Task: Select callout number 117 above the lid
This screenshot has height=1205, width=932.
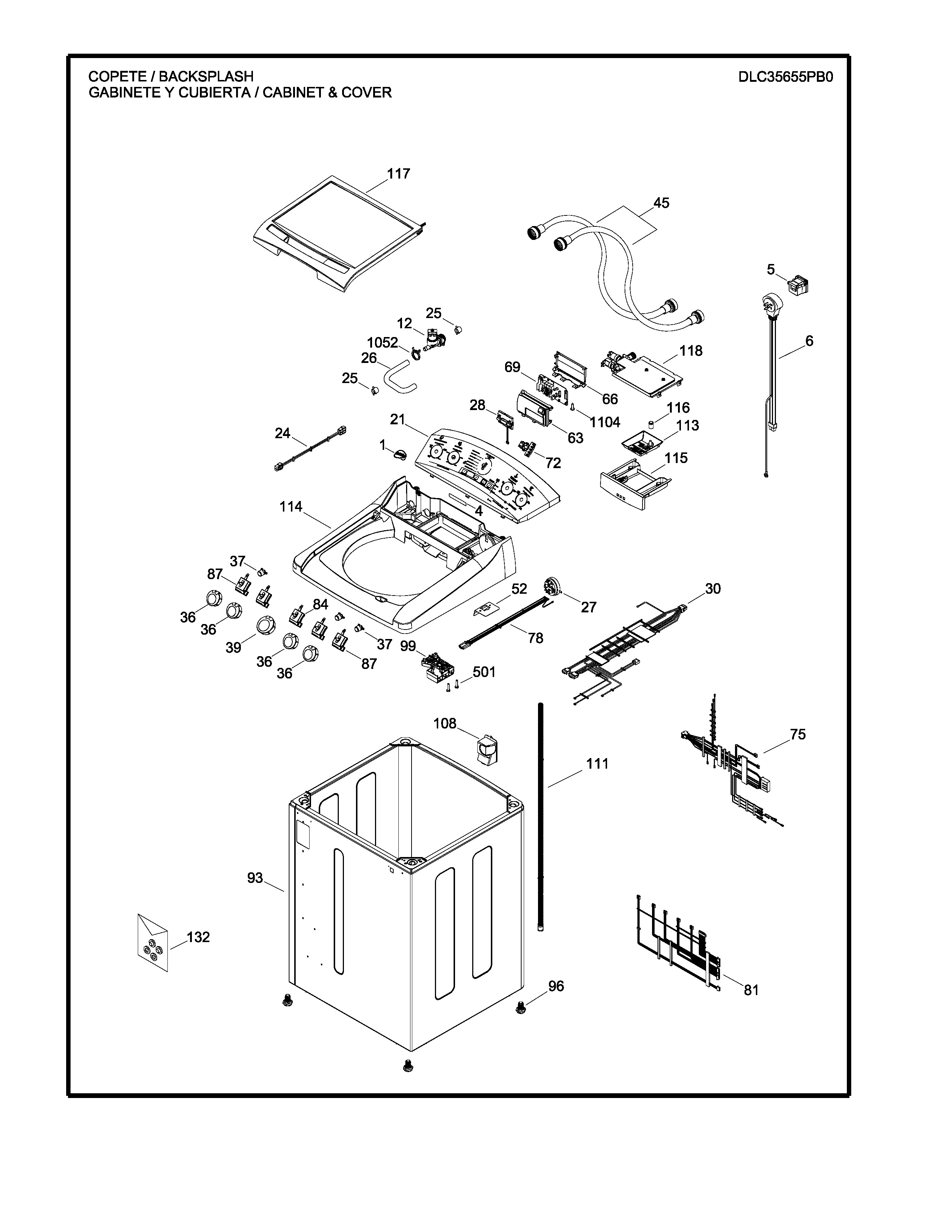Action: point(398,174)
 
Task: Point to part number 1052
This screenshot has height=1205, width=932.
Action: point(382,343)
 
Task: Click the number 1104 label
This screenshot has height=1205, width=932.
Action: point(605,422)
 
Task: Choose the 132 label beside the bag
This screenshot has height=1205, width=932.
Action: point(198,937)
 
